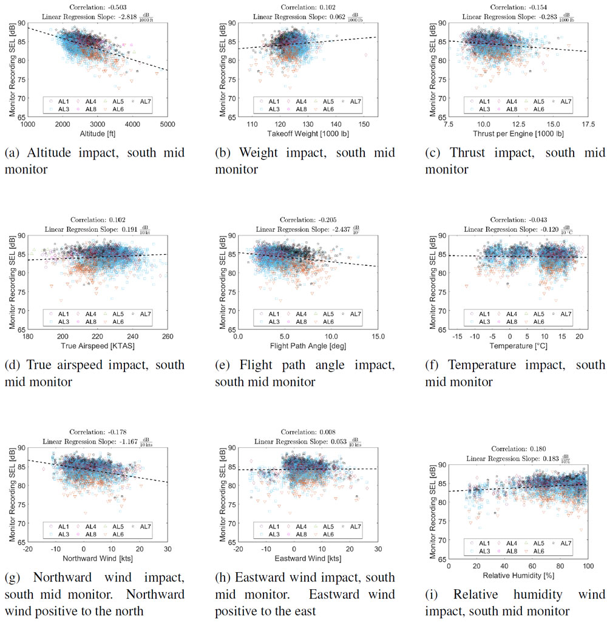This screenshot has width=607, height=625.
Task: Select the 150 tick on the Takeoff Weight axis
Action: click(x=364, y=125)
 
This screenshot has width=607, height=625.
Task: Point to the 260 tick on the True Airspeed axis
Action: click(x=168, y=337)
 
